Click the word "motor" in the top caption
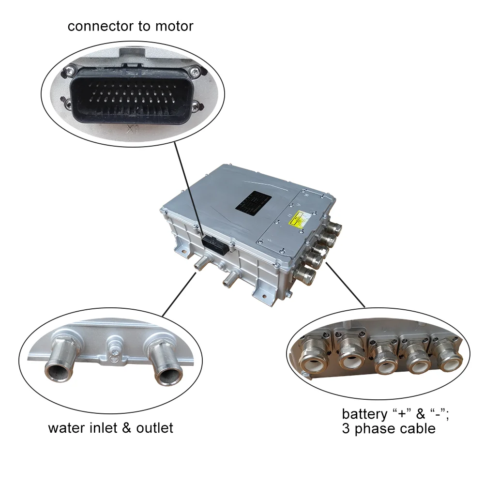[174, 26]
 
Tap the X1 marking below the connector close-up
[131, 129]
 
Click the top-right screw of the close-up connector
[194, 72]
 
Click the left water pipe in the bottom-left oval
[60, 364]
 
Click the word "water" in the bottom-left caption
[68, 428]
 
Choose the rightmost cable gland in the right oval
[448, 356]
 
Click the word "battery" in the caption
[364, 414]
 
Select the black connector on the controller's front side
[215, 243]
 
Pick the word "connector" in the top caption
[101, 26]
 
